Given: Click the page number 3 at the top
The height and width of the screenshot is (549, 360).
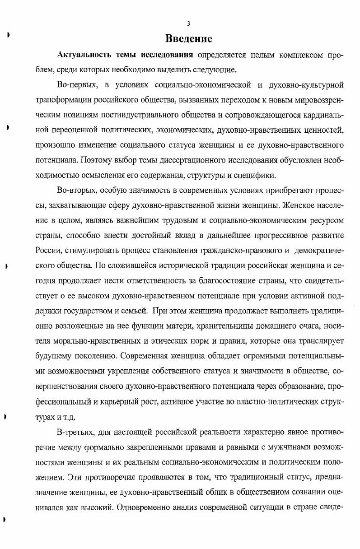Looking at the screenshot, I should tap(188, 23).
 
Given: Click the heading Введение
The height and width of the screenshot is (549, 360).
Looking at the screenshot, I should tap(188, 38).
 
